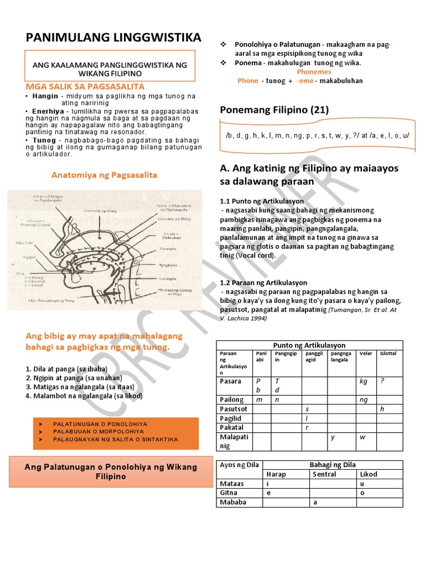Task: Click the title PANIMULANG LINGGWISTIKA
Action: click(x=114, y=37)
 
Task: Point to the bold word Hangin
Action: click(x=45, y=96)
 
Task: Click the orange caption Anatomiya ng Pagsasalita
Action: click(x=104, y=175)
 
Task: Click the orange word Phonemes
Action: click(x=314, y=72)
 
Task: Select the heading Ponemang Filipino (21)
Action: click(x=274, y=110)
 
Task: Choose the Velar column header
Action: click(x=366, y=353)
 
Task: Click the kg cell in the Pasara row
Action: click(x=363, y=381)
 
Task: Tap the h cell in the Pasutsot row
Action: click(x=382, y=408)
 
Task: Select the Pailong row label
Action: click(x=231, y=399)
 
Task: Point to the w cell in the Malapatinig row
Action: click(x=362, y=437)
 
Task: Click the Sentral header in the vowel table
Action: click(x=324, y=474)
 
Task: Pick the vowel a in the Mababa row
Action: click(x=315, y=502)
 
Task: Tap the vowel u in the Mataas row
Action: click(x=362, y=483)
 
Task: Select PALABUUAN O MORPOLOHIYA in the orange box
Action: click(x=99, y=431)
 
